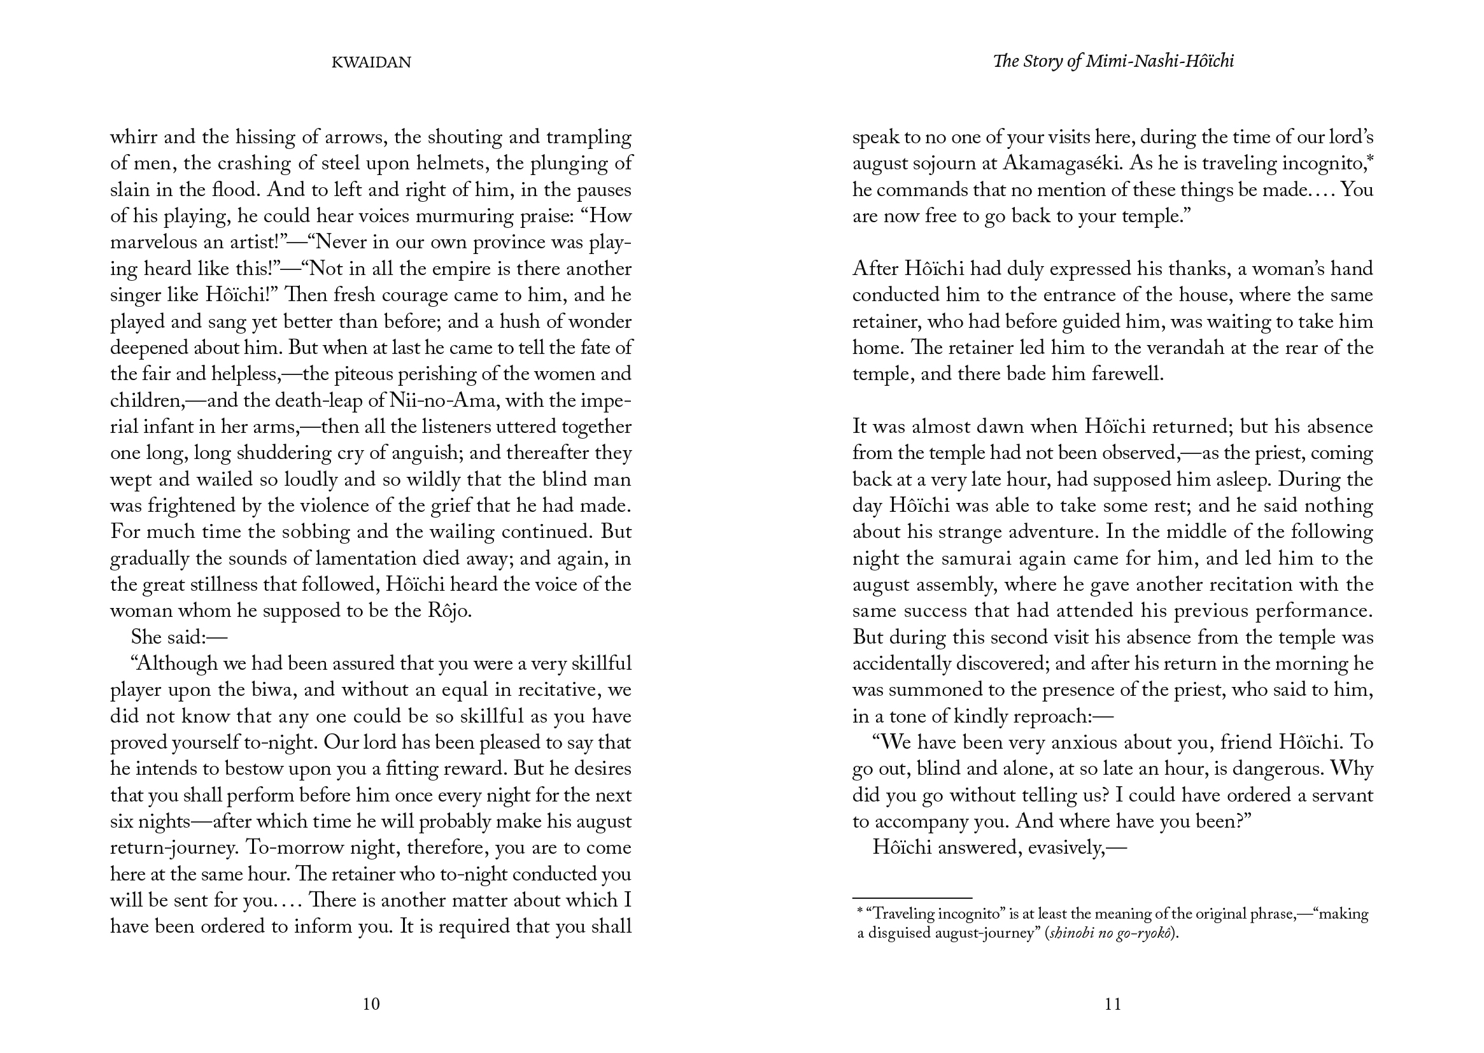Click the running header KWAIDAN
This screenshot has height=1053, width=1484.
[371, 62]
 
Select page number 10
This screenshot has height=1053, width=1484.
[371, 1004]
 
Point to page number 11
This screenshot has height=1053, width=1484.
[1112, 1004]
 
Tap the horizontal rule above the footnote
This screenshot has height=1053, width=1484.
[912, 898]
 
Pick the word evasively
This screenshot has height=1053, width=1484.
[1063, 848]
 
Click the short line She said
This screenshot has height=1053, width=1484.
[179, 637]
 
